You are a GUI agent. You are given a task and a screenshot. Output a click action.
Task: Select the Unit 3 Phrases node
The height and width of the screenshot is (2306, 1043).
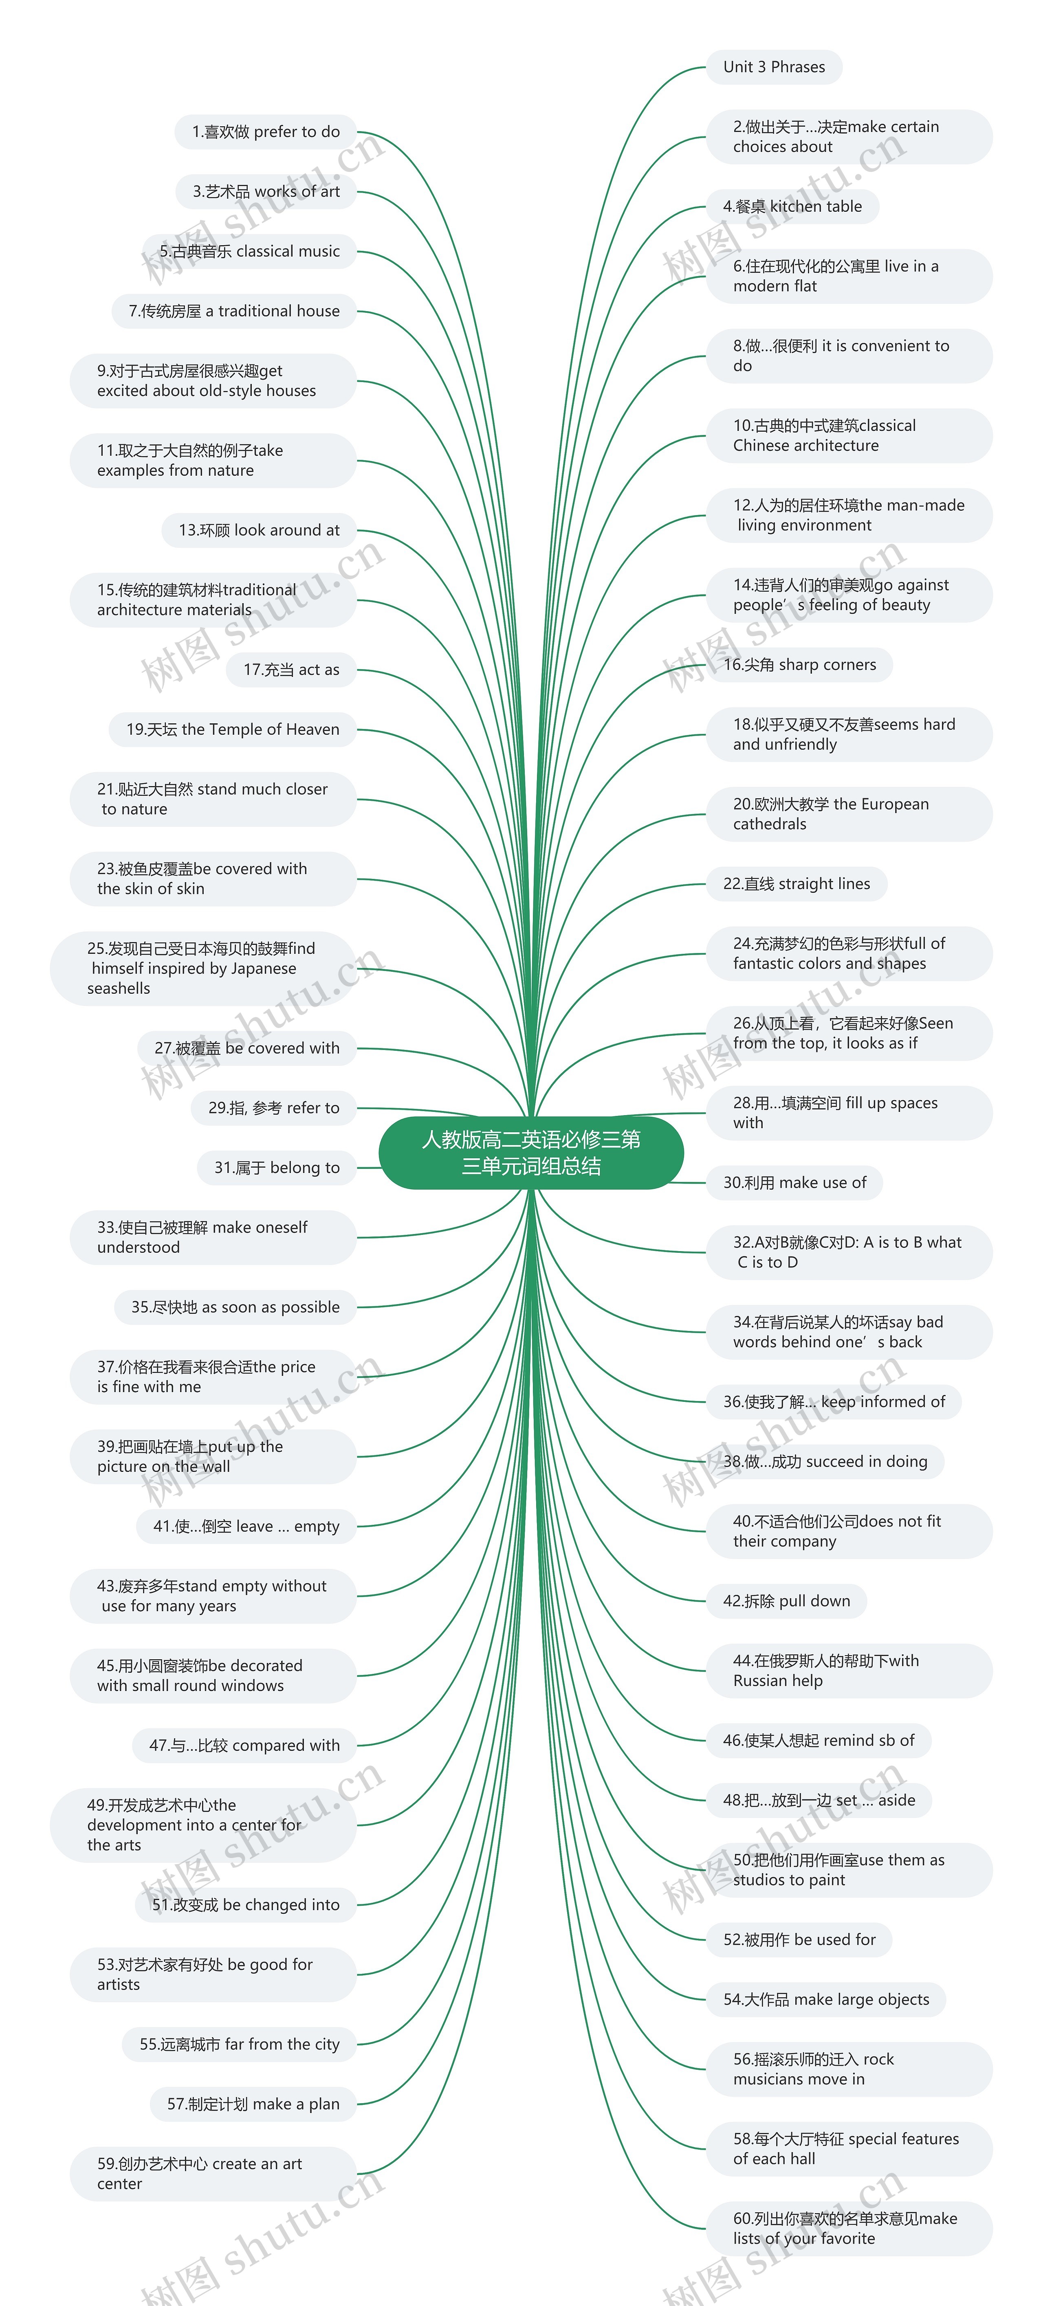point(774,67)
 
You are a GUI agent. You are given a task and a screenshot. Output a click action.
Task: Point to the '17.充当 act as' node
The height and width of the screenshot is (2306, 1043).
point(291,670)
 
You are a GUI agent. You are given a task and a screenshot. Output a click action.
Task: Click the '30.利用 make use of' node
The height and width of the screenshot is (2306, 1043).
point(794,1183)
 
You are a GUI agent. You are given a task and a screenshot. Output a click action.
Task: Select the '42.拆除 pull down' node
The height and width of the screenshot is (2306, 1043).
point(786,1601)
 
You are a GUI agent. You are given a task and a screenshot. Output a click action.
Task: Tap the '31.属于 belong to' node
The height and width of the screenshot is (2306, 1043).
point(277,1167)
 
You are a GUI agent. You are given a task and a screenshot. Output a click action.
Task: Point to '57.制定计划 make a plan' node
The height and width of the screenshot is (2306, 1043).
point(253,2104)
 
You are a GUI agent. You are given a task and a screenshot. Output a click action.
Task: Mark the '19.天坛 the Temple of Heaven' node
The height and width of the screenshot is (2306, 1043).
point(233,729)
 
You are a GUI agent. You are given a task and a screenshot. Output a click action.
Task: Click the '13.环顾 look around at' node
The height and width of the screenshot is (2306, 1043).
point(259,530)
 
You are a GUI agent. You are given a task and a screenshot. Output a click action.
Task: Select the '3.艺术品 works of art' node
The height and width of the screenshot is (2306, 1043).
point(266,191)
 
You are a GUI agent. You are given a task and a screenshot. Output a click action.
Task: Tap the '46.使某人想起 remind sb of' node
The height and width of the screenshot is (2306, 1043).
point(818,1740)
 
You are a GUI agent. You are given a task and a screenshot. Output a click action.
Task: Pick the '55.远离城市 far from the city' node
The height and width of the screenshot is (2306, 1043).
point(239,2044)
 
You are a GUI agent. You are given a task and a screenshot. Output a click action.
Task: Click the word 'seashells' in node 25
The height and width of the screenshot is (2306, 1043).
point(118,988)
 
